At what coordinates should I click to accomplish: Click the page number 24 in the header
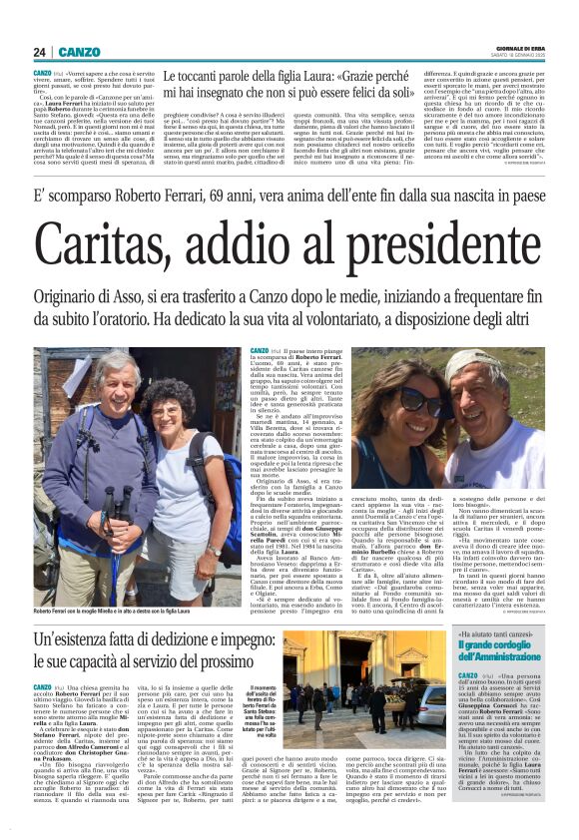click(39, 51)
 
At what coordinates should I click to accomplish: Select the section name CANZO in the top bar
click(79, 51)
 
